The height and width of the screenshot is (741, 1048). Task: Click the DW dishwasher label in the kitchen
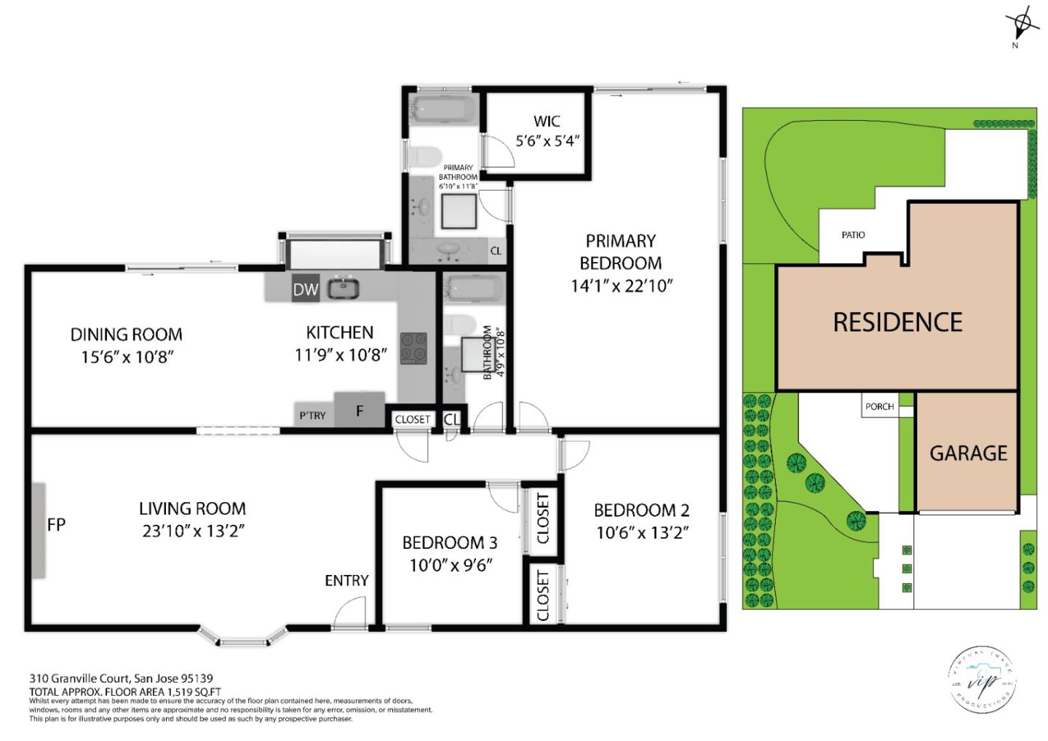pyautogui.click(x=306, y=290)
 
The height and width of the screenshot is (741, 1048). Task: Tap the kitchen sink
pyautogui.click(x=342, y=288)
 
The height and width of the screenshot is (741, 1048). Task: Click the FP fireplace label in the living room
pyautogui.click(x=56, y=524)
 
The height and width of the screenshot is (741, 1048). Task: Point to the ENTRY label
pyautogui.click(x=346, y=580)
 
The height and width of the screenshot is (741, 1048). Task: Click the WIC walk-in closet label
pyautogui.click(x=547, y=122)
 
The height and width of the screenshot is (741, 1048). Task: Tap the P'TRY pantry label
pyautogui.click(x=313, y=416)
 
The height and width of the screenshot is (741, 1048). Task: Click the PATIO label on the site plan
pyautogui.click(x=853, y=235)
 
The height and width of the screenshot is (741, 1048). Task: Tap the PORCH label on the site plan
pyautogui.click(x=879, y=407)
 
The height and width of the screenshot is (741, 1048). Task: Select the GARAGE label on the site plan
pyautogui.click(x=968, y=453)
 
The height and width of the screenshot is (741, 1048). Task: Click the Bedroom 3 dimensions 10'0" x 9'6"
pyautogui.click(x=451, y=564)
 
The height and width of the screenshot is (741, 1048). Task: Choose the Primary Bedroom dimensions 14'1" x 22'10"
pyautogui.click(x=621, y=285)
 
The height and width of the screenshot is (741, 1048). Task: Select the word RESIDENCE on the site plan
pyautogui.click(x=897, y=322)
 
